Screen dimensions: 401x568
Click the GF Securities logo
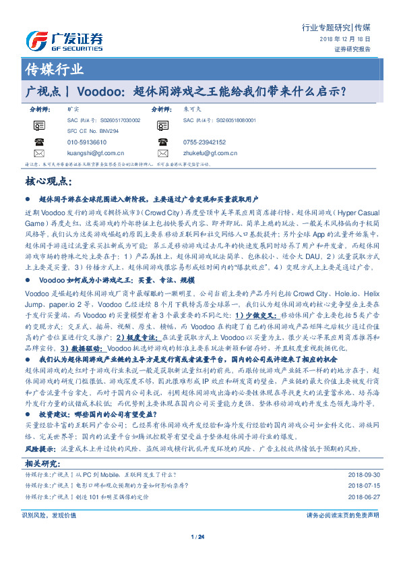coord(63,38)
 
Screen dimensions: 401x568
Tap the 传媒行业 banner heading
coord(54,69)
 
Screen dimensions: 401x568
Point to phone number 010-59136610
coord(87,143)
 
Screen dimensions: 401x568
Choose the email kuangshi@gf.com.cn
coord(95,154)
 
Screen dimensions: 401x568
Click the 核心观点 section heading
coord(47,181)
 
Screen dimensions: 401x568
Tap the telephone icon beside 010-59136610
coord(39,143)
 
